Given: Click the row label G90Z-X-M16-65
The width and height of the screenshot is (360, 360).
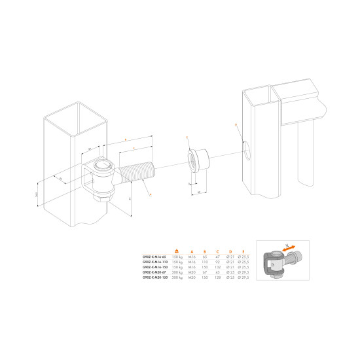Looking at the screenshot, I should point(154,257).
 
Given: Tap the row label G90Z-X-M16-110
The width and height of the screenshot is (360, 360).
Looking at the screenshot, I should point(154,262).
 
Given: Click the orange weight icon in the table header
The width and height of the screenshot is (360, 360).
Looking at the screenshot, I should point(176,251).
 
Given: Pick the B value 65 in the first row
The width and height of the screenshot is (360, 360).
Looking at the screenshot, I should point(205,257).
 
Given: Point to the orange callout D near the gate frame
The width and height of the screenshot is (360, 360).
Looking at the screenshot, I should point(234,124).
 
